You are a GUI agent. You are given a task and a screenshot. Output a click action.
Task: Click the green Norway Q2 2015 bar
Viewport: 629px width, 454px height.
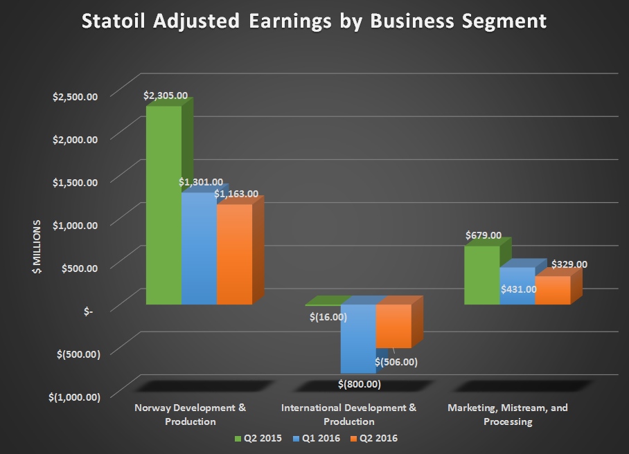[x=163, y=208]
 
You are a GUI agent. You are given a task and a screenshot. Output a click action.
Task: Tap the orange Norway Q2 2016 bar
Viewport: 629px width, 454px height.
[x=234, y=256]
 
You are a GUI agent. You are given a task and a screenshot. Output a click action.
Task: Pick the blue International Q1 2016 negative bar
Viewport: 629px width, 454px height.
[x=357, y=339]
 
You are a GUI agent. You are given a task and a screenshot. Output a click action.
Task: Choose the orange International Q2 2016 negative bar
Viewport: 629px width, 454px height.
[x=393, y=325]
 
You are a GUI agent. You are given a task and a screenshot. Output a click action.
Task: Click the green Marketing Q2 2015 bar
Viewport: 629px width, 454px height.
[x=481, y=275]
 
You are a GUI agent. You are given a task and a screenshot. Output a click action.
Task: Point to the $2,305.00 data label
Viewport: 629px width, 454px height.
[x=166, y=96]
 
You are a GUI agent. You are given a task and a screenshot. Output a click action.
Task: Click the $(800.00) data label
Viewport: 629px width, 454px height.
[x=360, y=383]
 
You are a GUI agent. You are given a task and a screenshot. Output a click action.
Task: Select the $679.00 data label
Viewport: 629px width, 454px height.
[x=484, y=235]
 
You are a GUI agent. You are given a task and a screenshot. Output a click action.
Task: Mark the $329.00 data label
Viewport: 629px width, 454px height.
[x=569, y=264]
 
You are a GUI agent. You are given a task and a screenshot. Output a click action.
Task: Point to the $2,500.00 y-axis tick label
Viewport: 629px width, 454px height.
[x=76, y=96]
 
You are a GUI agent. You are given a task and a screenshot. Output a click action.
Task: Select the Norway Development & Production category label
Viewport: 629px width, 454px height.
[x=190, y=414]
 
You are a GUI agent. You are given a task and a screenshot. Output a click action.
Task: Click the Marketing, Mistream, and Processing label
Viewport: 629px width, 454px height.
[x=508, y=414]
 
